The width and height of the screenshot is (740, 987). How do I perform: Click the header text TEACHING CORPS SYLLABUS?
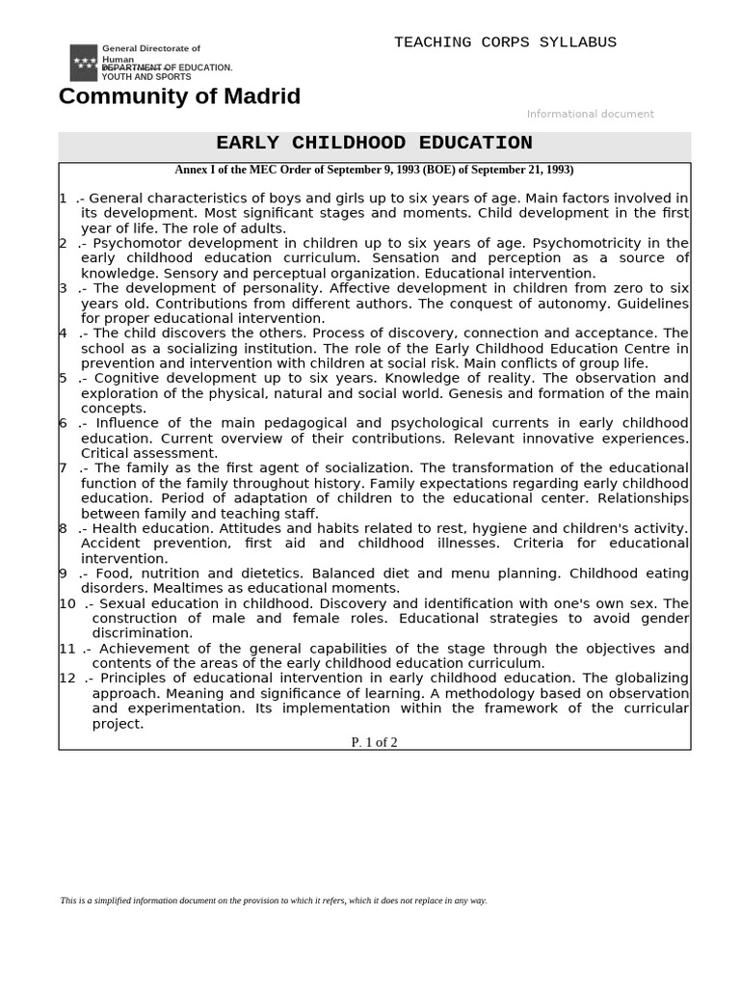505,42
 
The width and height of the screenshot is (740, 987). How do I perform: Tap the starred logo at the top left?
84,63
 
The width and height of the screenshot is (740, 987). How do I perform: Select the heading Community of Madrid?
179,96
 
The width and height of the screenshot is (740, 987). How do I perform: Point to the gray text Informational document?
590,114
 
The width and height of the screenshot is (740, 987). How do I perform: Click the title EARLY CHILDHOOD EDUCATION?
374,144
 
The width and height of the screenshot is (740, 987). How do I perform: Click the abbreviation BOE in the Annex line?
453,170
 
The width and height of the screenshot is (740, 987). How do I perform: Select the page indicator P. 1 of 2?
374,742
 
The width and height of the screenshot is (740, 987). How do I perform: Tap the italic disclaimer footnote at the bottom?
274,900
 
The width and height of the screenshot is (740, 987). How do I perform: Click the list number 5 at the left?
63,379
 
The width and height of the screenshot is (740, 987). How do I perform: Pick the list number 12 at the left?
66,679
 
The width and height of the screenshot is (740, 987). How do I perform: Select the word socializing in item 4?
177,349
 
